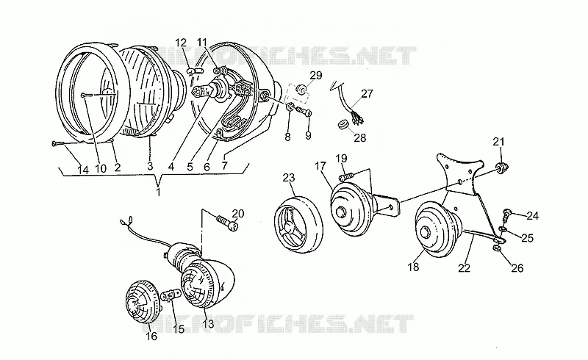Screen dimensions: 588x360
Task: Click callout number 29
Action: pyautogui.click(x=316, y=76)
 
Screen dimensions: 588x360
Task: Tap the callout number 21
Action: pyautogui.click(x=498, y=142)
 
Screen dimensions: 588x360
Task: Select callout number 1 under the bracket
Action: pyautogui.click(x=158, y=192)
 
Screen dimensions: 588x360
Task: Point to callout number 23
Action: pyautogui.click(x=289, y=177)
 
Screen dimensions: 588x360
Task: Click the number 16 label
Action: pyautogui.click(x=151, y=336)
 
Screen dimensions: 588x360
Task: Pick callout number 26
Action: pyautogui.click(x=517, y=268)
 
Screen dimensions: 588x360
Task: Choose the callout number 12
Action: pyautogui.click(x=181, y=42)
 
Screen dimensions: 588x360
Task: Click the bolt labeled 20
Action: pyautogui.click(x=227, y=222)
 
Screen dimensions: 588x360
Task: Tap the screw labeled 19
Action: pyautogui.click(x=346, y=176)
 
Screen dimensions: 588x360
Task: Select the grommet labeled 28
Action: pyautogui.click(x=343, y=124)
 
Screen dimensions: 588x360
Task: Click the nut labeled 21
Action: pyautogui.click(x=501, y=167)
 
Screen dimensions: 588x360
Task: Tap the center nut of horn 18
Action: pyautogui.click(x=426, y=232)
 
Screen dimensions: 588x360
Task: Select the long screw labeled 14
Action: pyautogui.click(x=67, y=143)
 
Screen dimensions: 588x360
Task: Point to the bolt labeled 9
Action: pyautogui.click(x=304, y=111)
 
